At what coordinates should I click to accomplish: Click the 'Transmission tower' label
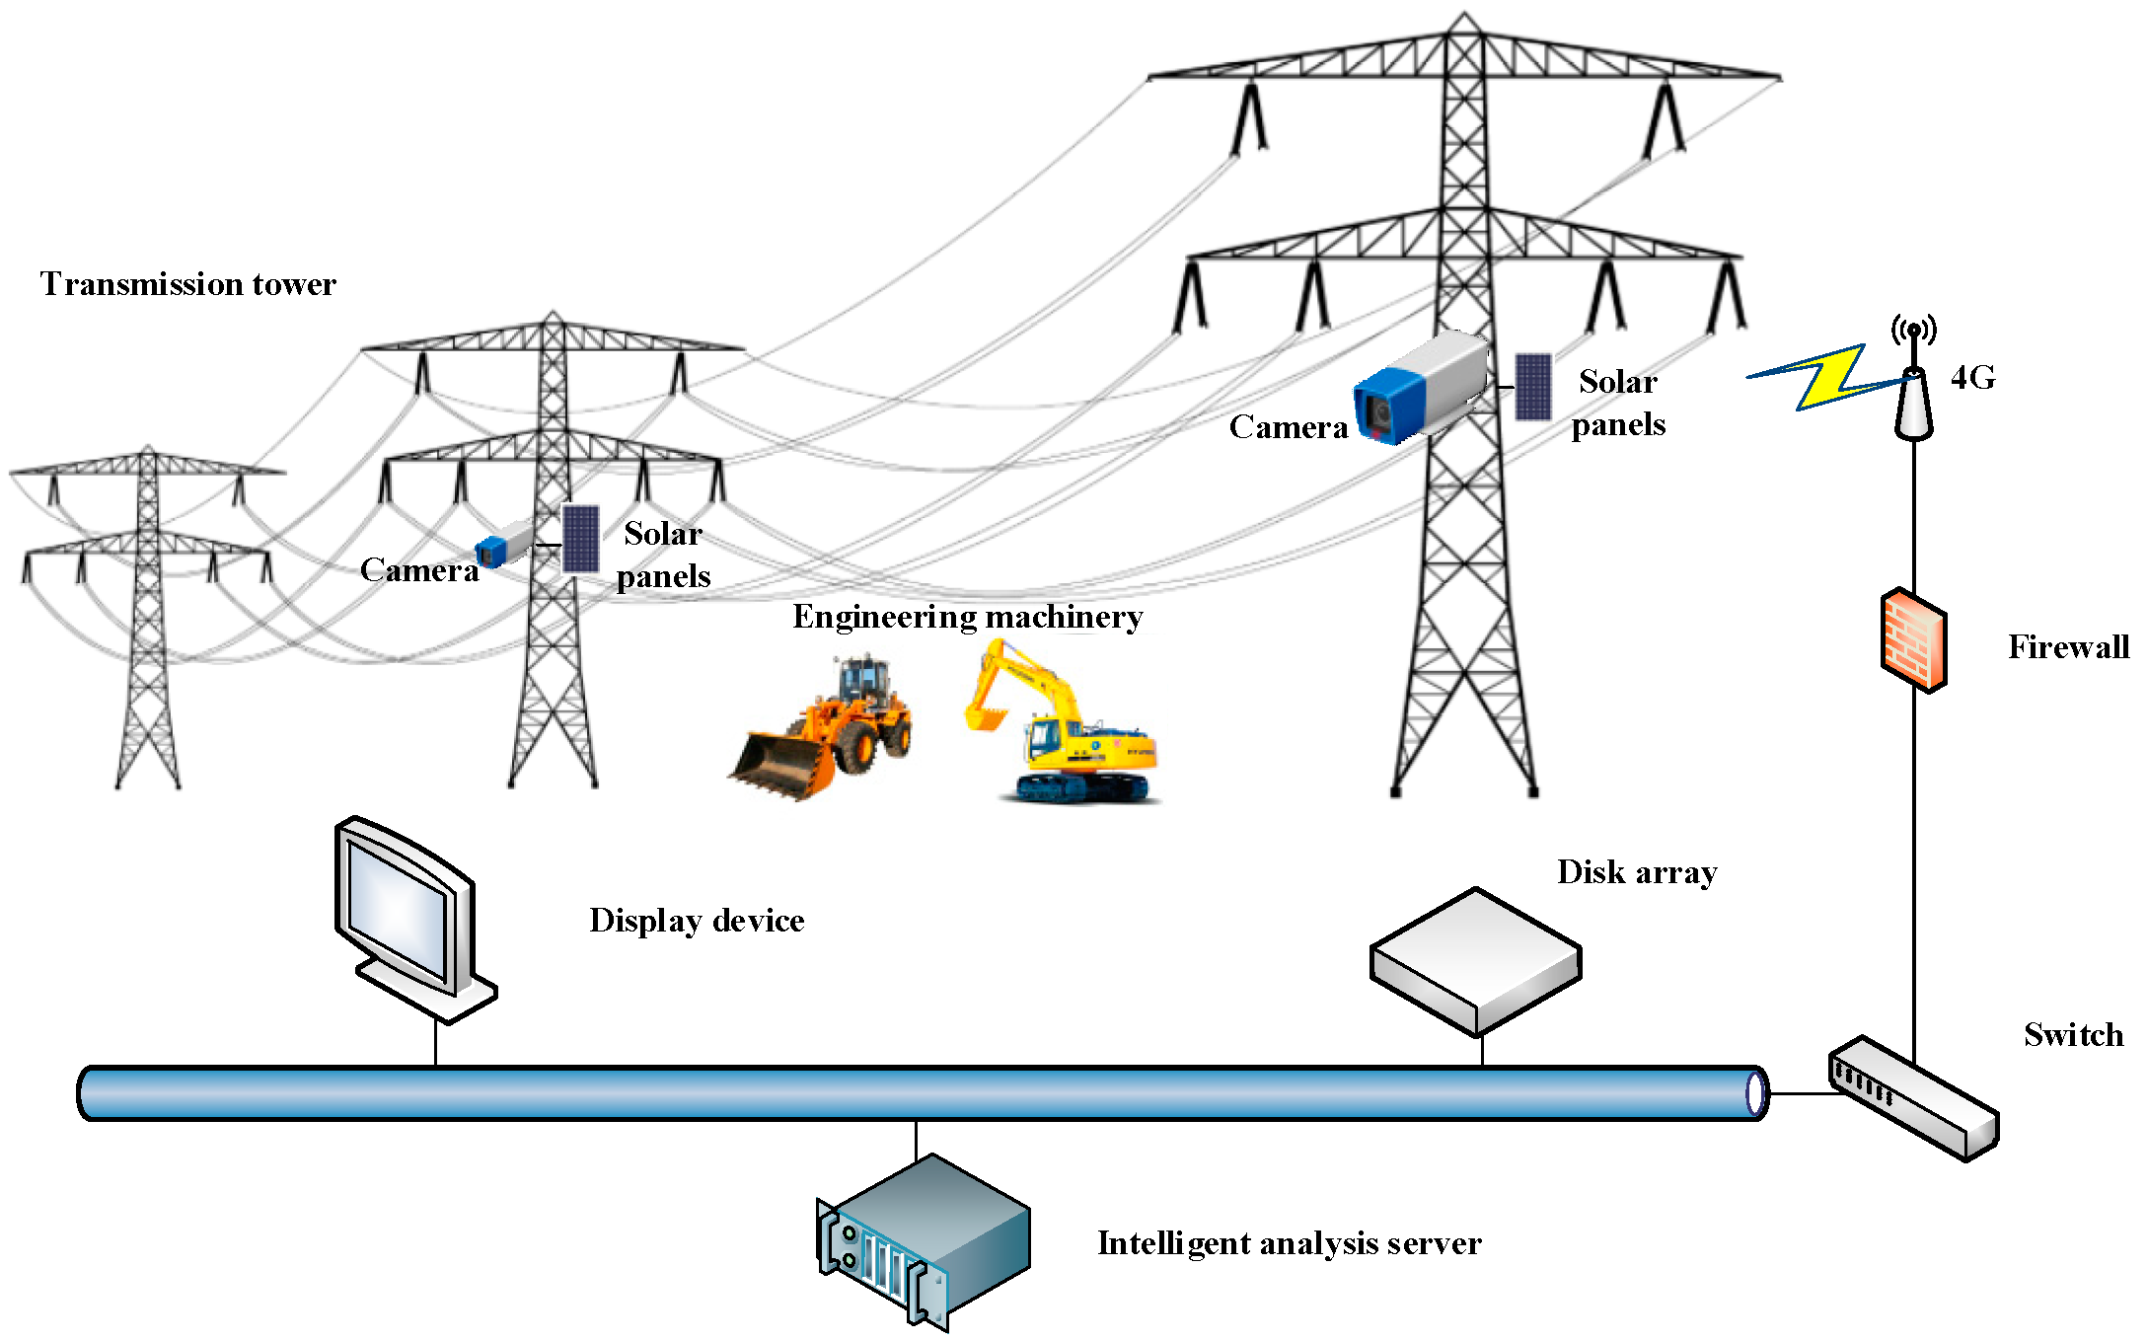click(188, 284)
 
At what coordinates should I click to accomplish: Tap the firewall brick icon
click(1913, 640)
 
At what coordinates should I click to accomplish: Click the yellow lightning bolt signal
click(1825, 377)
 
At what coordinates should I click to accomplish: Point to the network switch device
click(1913, 1098)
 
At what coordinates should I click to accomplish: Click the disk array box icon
click(1476, 962)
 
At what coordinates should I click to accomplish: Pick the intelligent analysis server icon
click(924, 1242)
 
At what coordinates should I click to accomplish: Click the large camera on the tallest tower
click(1421, 388)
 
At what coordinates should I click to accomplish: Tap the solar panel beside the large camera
click(1533, 387)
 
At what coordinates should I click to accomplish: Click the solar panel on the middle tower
click(580, 539)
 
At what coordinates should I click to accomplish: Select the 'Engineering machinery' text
click(968, 617)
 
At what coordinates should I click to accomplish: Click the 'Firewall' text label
click(2069, 647)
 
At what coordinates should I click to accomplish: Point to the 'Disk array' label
click(1638, 872)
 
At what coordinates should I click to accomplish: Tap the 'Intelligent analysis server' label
click(1290, 1243)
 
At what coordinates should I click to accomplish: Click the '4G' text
click(1973, 377)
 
